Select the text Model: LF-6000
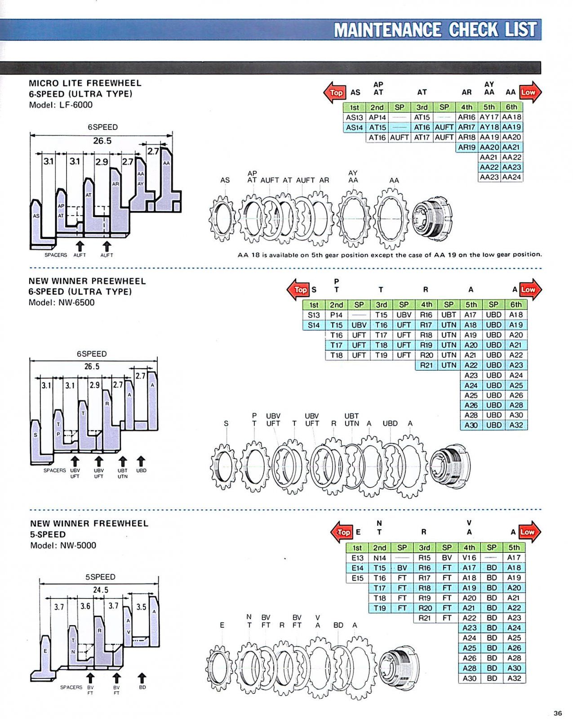[61, 105]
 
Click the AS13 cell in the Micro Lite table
[354, 117]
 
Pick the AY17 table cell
[489, 117]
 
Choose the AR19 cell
[466, 147]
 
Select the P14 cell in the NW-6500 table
[336, 315]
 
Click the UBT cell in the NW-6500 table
[449, 315]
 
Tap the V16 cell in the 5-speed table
[469, 558]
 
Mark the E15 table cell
[357, 578]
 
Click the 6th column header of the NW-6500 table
[516, 305]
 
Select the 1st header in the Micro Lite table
[354, 107]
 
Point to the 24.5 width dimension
[100, 590]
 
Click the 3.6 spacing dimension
[85, 606]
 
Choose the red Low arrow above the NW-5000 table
[529, 532]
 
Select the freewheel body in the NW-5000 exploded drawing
[399, 662]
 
